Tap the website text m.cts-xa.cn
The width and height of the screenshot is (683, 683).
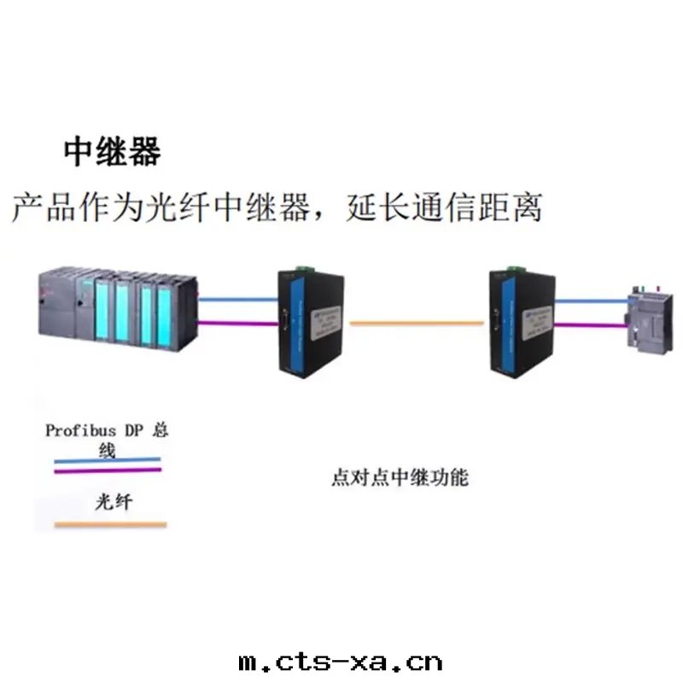point(340,662)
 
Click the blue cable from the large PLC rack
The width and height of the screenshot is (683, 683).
point(239,300)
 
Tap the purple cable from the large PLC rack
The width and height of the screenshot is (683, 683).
point(239,322)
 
